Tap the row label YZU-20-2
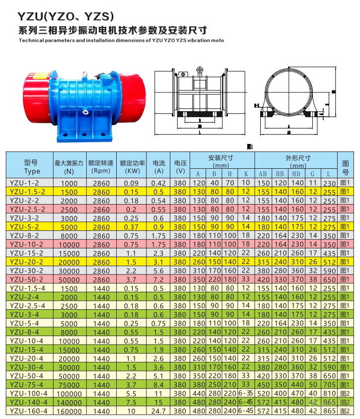pos(28,262)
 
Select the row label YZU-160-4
pos(29,411)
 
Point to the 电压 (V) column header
pos(180,166)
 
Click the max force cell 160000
pos(69,411)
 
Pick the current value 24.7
pos(159,411)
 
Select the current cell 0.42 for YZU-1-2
pos(159,183)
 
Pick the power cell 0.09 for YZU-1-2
pos(131,183)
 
